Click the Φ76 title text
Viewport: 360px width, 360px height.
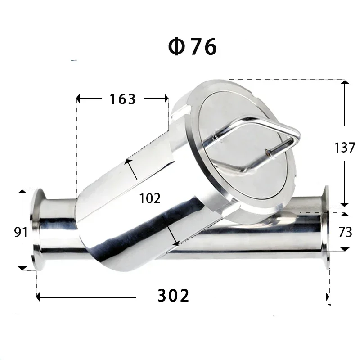coord(192,47)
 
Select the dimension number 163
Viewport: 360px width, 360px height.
coord(122,99)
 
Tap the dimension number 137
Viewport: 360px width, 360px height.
coord(345,147)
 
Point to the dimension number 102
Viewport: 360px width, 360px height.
coord(150,198)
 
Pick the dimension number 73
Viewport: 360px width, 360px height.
coord(345,232)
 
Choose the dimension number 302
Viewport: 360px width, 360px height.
coord(173,296)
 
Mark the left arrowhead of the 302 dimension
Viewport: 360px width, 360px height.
coord(39,297)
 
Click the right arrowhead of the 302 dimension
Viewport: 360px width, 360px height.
coord(327,297)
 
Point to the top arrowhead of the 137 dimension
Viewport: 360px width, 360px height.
coord(345,83)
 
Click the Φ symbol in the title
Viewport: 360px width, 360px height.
coord(176,47)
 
